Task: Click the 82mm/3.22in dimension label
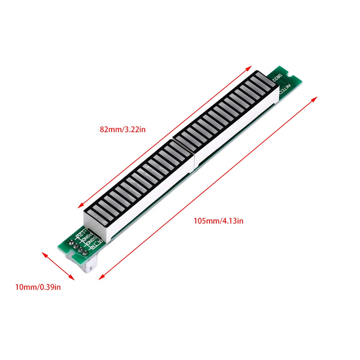pos(122,129)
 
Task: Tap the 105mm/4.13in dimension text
pos(218,221)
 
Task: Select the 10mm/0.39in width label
pos(38,287)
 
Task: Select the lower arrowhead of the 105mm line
pos(100,278)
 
